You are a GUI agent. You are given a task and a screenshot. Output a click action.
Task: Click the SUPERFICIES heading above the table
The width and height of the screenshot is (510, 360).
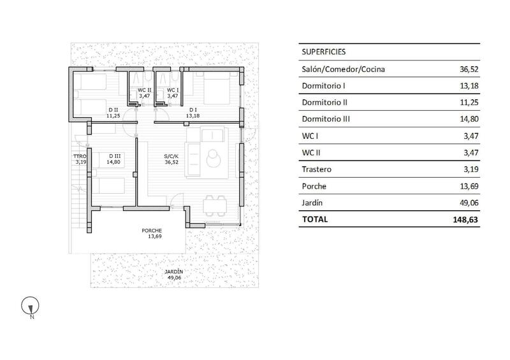(323, 52)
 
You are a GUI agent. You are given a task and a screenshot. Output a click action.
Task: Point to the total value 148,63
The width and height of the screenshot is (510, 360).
(465, 219)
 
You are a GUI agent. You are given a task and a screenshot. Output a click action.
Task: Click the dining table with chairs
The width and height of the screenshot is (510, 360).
(213, 206)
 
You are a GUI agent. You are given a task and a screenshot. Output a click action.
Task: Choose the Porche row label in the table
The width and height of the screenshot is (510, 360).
(313, 186)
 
